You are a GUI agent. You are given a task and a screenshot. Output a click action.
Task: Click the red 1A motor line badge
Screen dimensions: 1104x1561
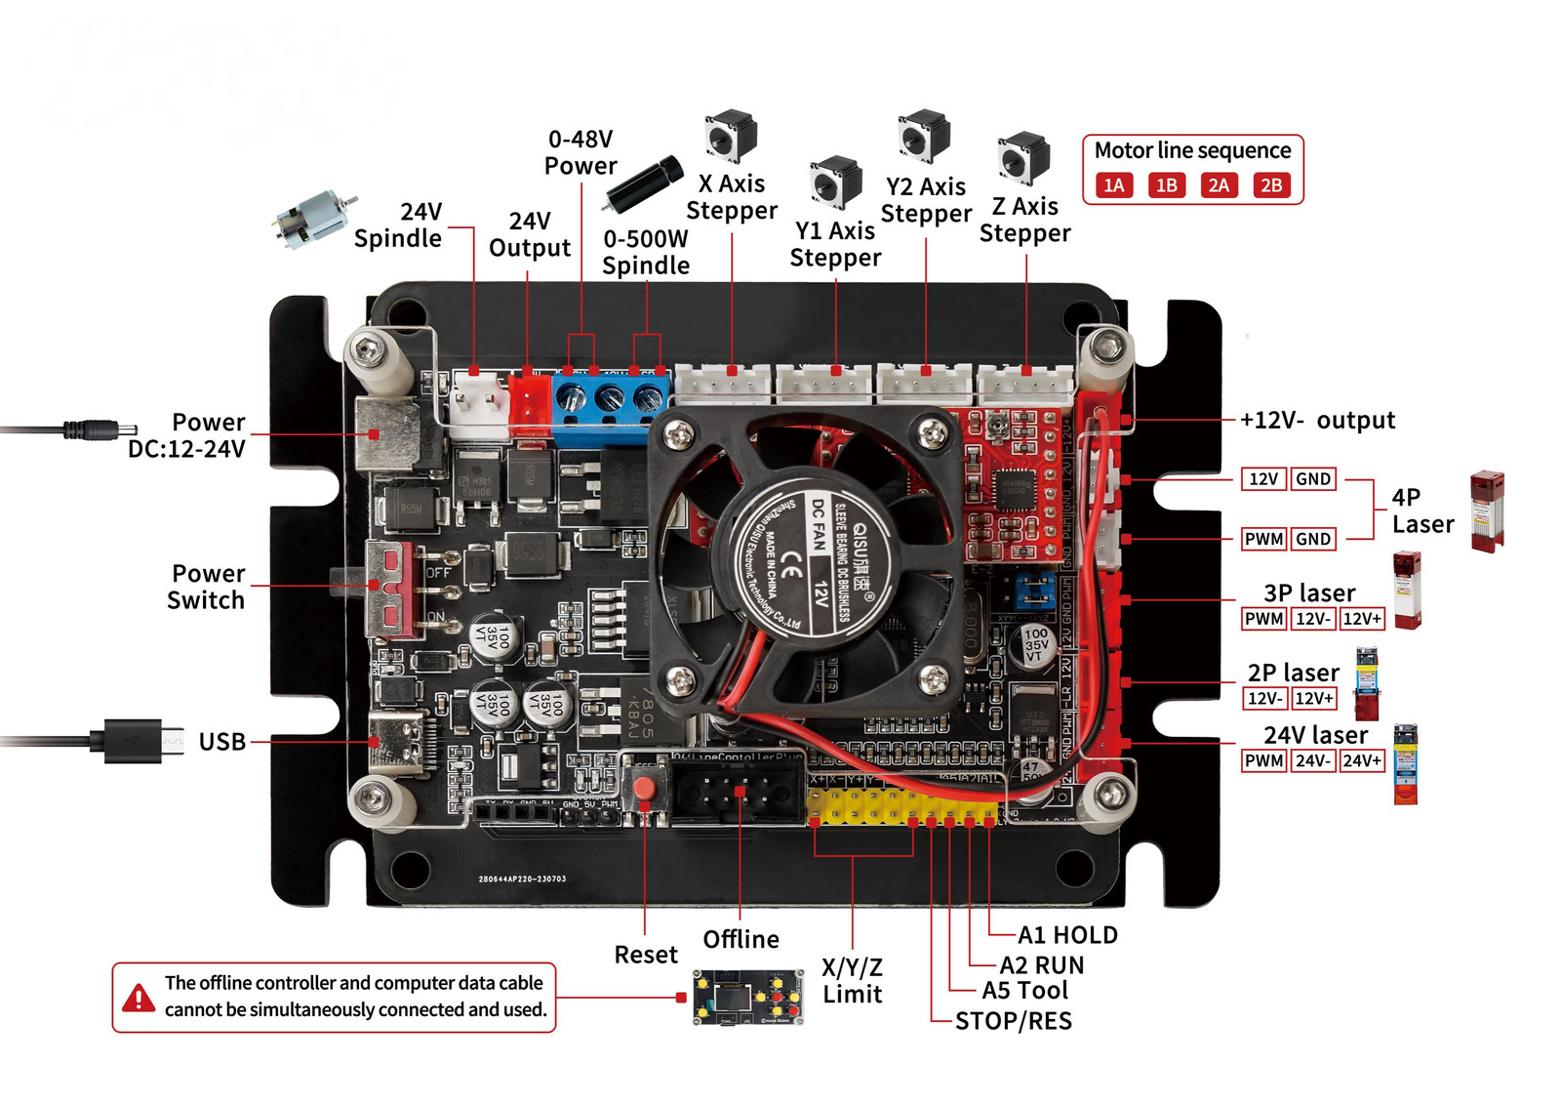[x=1114, y=185]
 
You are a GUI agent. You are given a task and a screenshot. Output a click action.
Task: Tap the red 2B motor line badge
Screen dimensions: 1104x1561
[x=1270, y=185]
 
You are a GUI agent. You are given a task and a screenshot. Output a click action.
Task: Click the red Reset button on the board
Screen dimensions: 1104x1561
[x=643, y=788]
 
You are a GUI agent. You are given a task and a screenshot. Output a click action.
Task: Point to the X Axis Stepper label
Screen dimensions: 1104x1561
[x=732, y=197]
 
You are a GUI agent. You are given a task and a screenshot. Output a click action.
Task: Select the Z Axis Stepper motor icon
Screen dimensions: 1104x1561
[x=1023, y=158]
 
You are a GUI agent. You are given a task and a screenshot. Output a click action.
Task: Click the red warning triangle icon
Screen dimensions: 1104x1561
[x=139, y=998]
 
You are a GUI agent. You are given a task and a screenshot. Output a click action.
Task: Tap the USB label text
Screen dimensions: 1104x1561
[x=222, y=742]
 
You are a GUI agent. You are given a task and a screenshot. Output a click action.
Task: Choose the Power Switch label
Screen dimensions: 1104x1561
[x=206, y=587]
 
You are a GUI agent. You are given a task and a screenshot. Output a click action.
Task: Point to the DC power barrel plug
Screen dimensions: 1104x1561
[x=99, y=429]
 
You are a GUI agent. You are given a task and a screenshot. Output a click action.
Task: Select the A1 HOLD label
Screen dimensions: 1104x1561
[x=1067, y=935]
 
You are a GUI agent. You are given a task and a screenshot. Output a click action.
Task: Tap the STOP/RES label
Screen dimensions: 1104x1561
[x=1014, y=1021]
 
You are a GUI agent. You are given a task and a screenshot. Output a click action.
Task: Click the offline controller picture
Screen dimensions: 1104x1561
[x=747, y=997]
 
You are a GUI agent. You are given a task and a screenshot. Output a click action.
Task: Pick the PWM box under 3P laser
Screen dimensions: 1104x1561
[x=1263, y=619]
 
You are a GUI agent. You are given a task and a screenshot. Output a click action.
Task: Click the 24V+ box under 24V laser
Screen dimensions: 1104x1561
[x=1362, y=760]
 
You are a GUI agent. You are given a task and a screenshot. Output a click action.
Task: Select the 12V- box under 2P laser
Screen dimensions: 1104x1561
[x=1264, y=698]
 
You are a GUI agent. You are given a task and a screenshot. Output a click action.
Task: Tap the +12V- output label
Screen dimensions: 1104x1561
[x=1317, y=420]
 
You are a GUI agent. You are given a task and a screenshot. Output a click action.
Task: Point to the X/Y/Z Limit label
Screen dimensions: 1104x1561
[x=852, y=981]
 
